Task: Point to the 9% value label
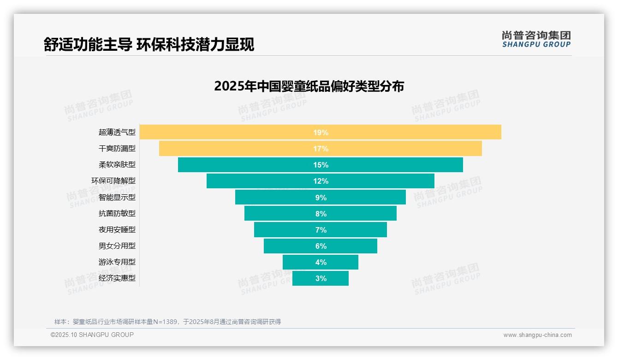tap(321, 198)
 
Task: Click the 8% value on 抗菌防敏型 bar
tap(321, 214)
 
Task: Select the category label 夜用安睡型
tap(117, 230)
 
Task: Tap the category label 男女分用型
tap(117, 246)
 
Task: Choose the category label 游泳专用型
tap(117, 262)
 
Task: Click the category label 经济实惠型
tap(117, 278)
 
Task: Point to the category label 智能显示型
tap(117, 198)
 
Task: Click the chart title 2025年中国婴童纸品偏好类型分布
tap(309, 86)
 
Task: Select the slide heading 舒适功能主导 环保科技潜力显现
tap(149, 45)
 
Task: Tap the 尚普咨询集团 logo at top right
tap(536, 39)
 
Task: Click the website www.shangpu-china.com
tap(537, 335)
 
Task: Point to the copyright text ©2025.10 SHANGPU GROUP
tap(92, 335)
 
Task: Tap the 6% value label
tap(321, 246)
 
